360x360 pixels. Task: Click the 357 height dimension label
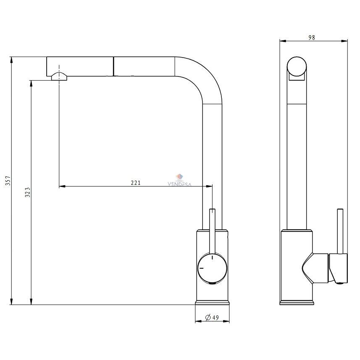(8, 181)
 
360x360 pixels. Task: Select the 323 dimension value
(28, 192)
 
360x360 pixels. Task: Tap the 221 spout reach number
(135, 183)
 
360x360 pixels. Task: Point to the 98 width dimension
(312, 37)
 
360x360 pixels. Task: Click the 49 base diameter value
(215, 318)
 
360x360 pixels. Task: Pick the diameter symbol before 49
(208, 317)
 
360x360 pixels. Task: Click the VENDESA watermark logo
(179, 180)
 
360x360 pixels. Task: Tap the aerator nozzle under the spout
(59, 76)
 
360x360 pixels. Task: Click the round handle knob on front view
(213, 268)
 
